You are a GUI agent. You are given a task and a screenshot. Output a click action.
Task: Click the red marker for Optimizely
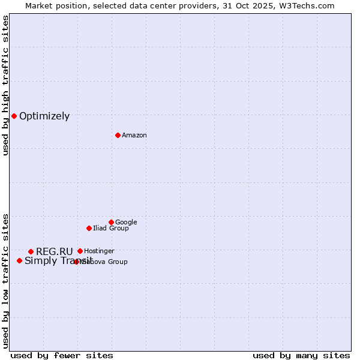[x=14, y=116]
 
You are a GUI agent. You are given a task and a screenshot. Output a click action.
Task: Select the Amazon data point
[x=118, y=135]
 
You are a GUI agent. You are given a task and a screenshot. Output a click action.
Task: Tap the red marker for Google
[x=111, y=222]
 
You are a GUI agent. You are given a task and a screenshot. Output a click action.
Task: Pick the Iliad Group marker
[x=89, y=228]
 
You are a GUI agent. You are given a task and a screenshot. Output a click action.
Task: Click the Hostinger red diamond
[x=80, y=251]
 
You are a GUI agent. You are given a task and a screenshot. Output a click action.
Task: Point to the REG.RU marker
[x=31, y=251]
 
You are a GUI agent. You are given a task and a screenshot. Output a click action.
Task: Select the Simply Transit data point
[x=19, y=260]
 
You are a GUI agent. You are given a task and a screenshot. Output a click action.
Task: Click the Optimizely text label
[x=44, y=116]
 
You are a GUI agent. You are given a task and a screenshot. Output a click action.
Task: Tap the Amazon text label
[x=134, y=136]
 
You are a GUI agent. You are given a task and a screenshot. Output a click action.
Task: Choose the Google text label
[x=126, y=223]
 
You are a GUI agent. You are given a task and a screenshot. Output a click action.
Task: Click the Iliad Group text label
[x=111, y=229]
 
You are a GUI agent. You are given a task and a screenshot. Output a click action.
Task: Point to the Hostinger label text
[x=99, y=251]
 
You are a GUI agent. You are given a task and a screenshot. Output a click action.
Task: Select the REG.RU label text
[x=54, y=251]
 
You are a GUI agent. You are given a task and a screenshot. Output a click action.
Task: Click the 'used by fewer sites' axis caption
[x=62, y=355]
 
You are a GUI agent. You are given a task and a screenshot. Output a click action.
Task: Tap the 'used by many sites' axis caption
[x=301, y=355]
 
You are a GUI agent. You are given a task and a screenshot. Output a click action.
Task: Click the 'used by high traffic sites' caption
[x=6, y=85]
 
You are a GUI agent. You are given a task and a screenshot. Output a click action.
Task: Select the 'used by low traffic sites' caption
[x=6, y=280]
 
